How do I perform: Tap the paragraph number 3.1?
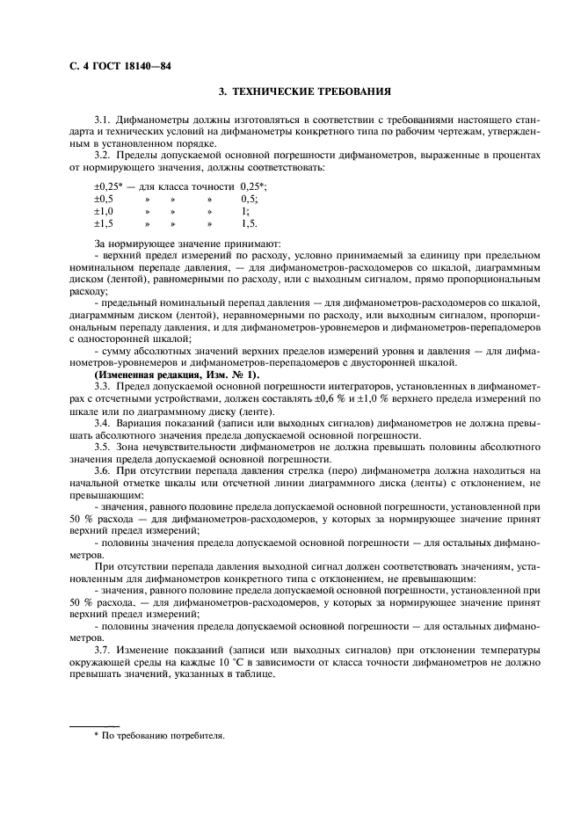coord(104,118)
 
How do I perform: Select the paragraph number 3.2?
coord(104,154)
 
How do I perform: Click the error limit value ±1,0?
coord(104,212)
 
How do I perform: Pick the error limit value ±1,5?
coord(104,224)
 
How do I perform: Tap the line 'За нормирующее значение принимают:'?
coord(187,243)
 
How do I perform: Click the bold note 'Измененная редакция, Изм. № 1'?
coord(176,375)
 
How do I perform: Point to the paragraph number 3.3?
coord(104,387)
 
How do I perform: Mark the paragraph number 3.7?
coord(104,650)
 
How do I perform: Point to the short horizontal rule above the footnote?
coord(94,725)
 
